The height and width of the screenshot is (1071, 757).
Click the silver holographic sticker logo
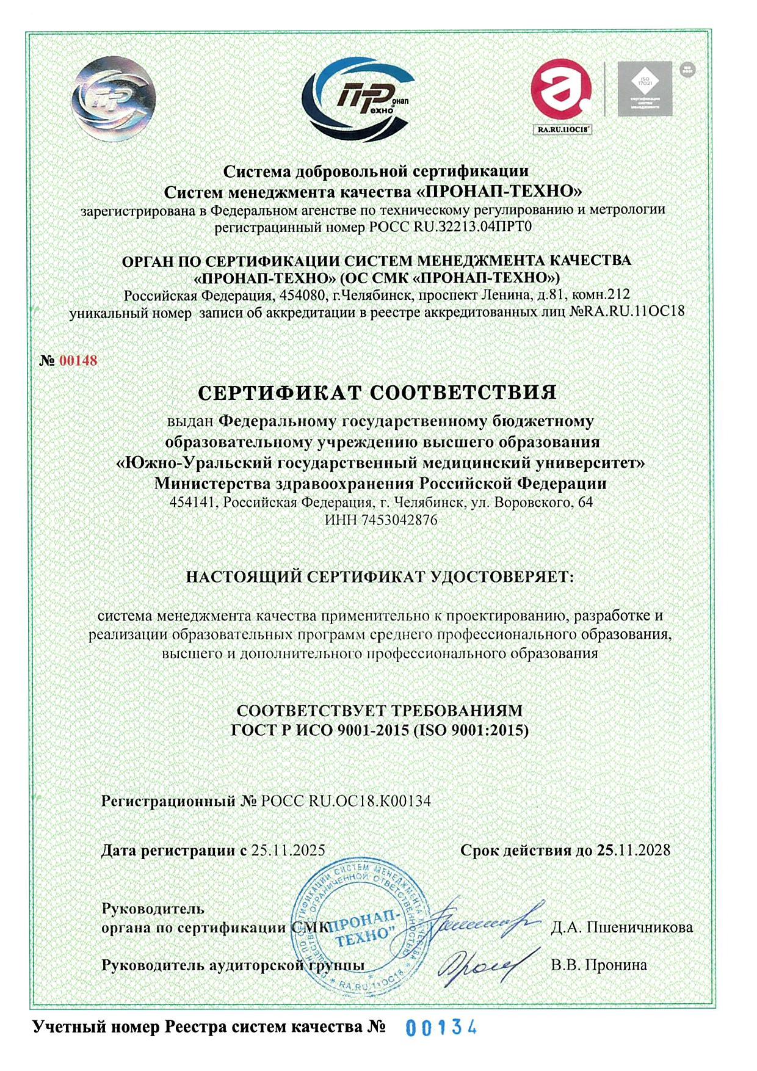(x=112, y=98)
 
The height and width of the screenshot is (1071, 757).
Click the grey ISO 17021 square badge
(x=644, y=89)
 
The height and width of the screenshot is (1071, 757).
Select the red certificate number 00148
(x=78, y=361)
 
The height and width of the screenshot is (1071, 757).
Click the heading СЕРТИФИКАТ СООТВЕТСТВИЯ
(x=378, y=391)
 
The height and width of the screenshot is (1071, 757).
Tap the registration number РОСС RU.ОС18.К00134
(x=346, y=801)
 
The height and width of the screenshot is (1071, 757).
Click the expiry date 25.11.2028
(x=633, y=850)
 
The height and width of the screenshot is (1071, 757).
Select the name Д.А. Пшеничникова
(x=621, y=928)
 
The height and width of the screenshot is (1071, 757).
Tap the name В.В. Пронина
(x=598, y=965)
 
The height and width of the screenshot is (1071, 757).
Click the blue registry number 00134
(x=441, y=1028)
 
